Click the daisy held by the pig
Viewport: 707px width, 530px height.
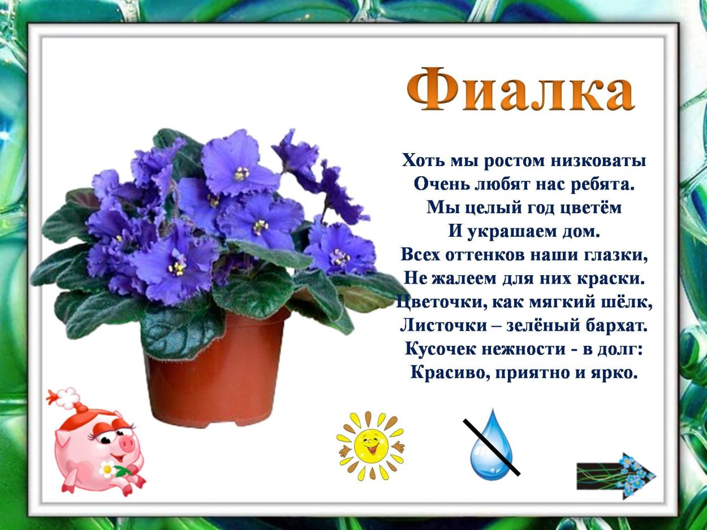click(107, 468)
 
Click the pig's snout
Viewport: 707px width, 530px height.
click(126, 443)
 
